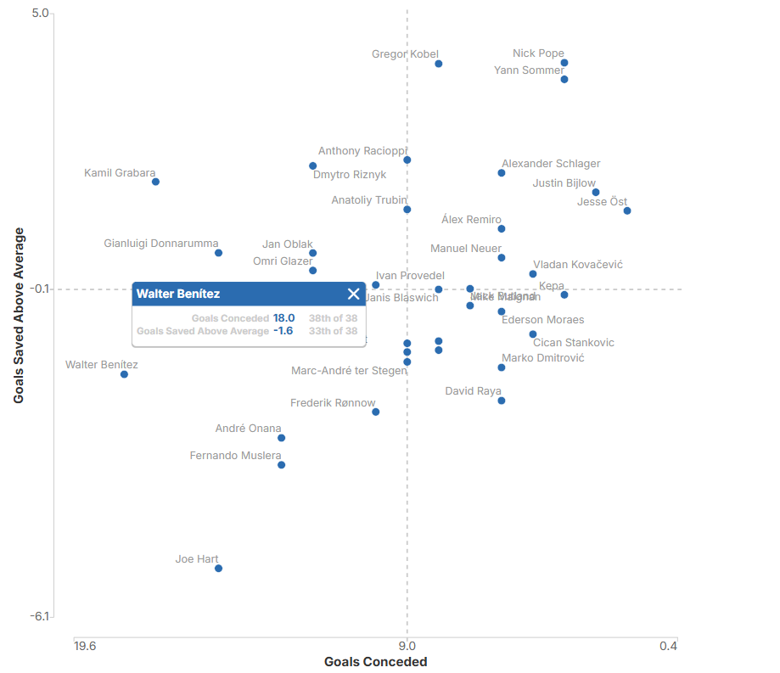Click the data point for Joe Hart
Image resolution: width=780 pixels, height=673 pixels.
(x=218, y=568)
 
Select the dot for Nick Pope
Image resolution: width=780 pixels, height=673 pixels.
(x=564, y=63)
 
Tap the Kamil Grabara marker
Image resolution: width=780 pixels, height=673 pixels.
(x=155, y=182)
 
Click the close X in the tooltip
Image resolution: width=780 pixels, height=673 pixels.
(x=354, y=294)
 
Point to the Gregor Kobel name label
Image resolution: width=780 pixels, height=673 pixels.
(x=405, y=54)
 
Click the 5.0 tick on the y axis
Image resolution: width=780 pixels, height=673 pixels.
(x=40, y=14)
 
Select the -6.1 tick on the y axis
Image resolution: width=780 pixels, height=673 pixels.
(x=40, y=616)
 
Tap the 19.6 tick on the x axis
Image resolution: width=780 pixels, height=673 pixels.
(x=85, y=647)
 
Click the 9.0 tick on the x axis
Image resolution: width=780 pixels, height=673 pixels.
(x=407, y=647)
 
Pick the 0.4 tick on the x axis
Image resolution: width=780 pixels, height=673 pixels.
(x=668, y=647)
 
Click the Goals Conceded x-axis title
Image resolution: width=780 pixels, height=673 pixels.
(x=375, y=662)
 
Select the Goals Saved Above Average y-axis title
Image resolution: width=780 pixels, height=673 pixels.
(x=19, y=315)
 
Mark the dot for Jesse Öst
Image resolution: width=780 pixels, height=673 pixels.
(x=627, y=210)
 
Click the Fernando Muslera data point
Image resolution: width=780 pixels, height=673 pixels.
(x=281, y=464)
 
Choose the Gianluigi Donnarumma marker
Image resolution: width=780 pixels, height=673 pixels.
(x=218, y=253)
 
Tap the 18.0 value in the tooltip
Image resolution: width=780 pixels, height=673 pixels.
(x=283, y=318)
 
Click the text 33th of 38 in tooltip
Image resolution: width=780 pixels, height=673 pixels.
(x=333, y=331)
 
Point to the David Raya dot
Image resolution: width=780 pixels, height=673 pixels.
(x=502, y=401)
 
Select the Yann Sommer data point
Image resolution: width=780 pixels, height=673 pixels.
(x=564, y=79)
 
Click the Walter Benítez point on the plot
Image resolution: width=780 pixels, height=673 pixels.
(x=124, y=374)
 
